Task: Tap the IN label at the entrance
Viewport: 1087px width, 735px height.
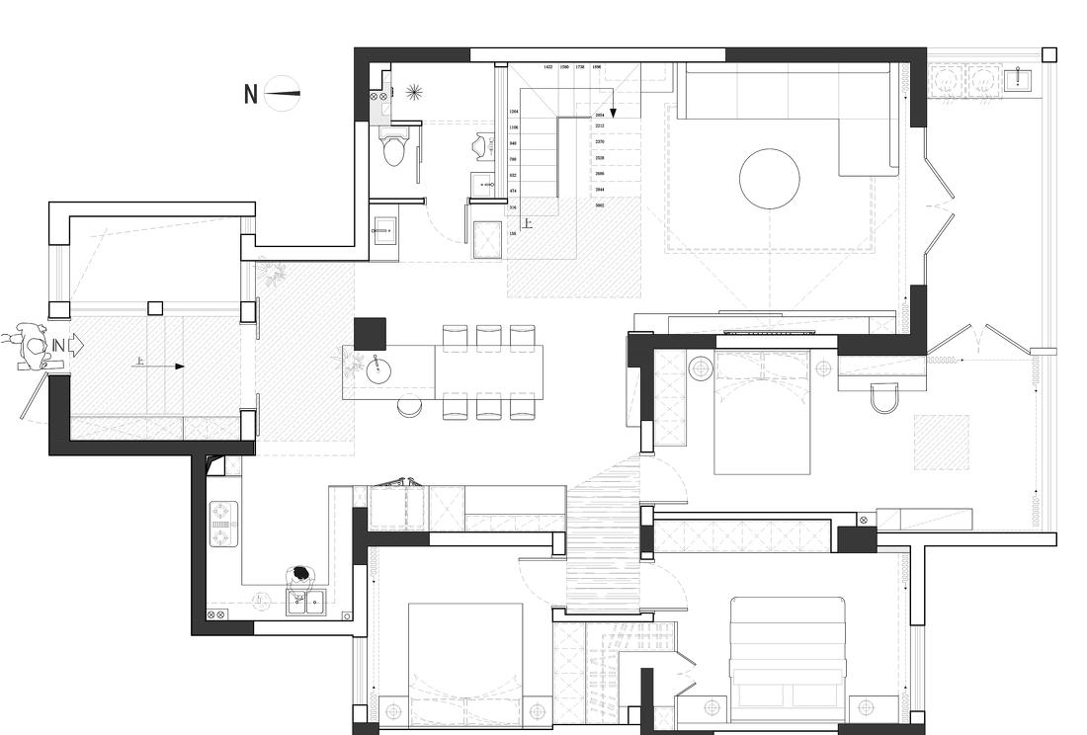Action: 59,345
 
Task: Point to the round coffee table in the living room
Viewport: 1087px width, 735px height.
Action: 769,179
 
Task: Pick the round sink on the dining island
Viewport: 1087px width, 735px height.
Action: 378,370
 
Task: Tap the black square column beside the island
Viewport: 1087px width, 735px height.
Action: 369,333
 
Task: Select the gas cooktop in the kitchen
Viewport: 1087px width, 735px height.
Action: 222,526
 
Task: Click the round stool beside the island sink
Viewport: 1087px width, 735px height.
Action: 410,405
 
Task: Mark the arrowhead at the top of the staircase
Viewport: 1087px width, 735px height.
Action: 612,113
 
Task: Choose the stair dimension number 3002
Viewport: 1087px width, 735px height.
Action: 600,205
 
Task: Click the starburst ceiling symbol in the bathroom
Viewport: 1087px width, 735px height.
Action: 413,92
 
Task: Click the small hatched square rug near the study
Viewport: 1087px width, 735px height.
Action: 940,442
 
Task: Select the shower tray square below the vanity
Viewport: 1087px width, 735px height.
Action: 487,239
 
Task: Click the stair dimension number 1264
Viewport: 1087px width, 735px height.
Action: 513,113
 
